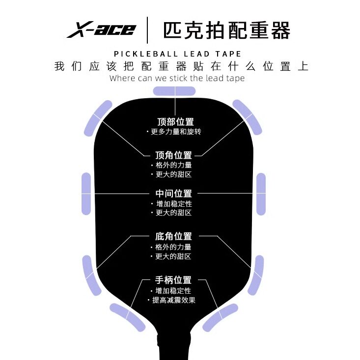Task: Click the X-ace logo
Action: point(101,29)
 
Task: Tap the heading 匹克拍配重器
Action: point(226,29)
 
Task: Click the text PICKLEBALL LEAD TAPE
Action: point(177,54)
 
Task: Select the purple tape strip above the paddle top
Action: point(174,91)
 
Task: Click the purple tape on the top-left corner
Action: point(98,117)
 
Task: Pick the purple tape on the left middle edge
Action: point(86,194)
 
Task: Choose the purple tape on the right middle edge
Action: point(261,194)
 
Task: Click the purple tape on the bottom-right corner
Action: point(255,275)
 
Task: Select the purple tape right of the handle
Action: point(221,317)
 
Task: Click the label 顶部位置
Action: point(175,122)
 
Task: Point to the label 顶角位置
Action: point(173,155)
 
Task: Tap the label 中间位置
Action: point(173,194)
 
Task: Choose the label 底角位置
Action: point(173,236)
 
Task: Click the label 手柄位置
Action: point(173,280)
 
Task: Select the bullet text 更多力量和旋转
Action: point(175,132)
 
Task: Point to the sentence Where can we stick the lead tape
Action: point(177,78)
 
